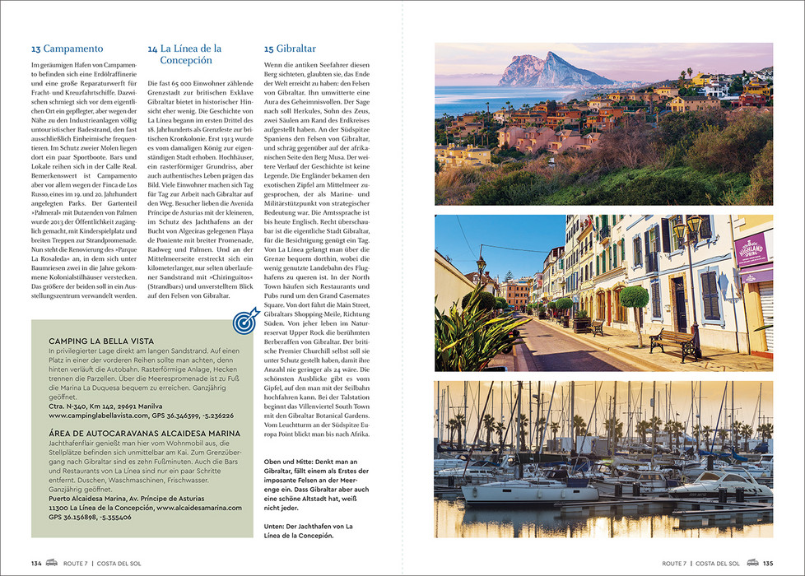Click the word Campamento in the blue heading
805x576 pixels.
click(x=73, y=49)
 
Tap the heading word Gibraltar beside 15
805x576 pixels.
click(x=296, y=49)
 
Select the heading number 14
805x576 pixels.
click(x=152, y=49)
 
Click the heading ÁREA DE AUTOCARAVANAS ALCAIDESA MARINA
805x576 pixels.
click(x=144, y=433)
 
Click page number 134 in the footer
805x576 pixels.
click(x=36, y=564)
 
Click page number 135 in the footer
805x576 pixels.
click(x=767, y=564)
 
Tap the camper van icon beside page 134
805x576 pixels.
click(x=51, y=564)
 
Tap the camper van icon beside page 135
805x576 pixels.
click(x=751, y=564)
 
